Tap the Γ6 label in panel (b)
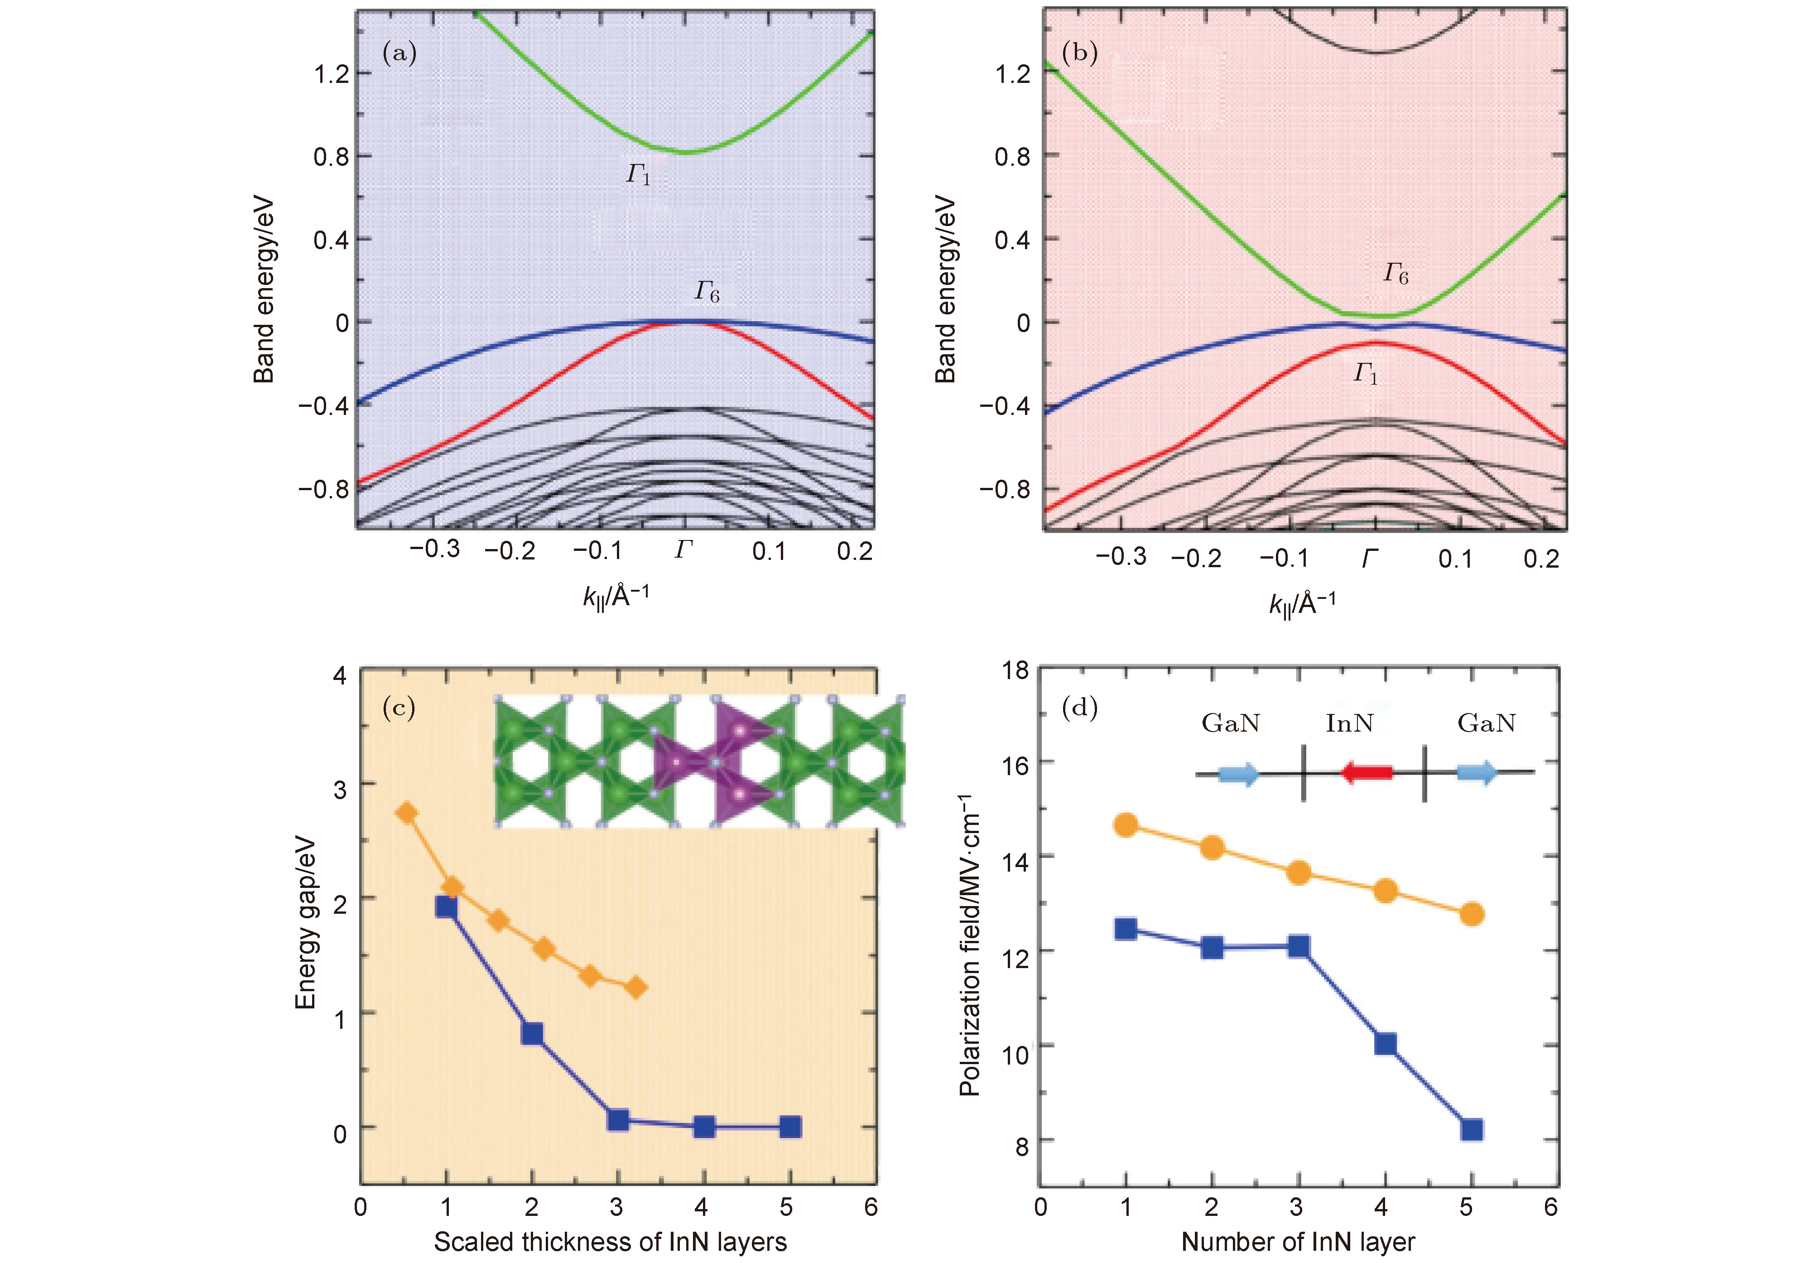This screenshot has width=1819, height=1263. point(1395,274)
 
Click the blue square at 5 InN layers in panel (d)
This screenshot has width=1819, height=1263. point(1471,1129)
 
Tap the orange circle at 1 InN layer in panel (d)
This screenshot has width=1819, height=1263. point(1125,825)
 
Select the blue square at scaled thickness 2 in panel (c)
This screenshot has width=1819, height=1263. point(533,1033)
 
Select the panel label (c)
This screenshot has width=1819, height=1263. point(399,708)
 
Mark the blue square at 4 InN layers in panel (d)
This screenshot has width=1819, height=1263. point(1385,1044)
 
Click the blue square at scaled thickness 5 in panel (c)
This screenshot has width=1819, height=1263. point(789,1126)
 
